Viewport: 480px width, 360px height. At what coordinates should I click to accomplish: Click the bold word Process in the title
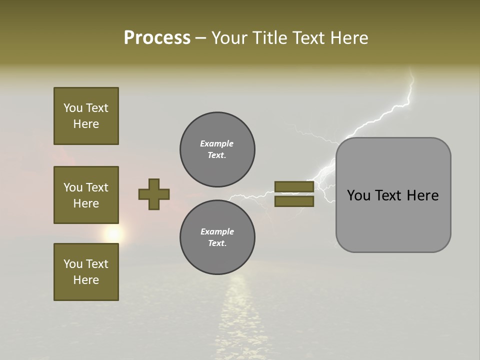(157, 38)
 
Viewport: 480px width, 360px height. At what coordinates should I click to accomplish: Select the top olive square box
(86, 116)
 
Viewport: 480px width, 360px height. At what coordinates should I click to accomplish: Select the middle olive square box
(86, 195)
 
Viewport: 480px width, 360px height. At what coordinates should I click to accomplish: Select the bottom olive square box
(86, 271)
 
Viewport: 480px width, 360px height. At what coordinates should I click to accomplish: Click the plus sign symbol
(154, 194)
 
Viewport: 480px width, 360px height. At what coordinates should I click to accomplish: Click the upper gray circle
(217, 149)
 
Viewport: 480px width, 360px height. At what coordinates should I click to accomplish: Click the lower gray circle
(217, 237)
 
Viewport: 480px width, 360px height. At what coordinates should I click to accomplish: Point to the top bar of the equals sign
(294, 186)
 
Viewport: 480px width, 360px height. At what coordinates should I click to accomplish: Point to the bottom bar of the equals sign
(294, 201)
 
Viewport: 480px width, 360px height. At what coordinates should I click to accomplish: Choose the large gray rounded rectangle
(393, 220)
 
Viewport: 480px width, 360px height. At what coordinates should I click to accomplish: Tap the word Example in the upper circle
(216, 143)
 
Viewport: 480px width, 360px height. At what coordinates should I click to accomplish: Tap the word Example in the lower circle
(217, 231)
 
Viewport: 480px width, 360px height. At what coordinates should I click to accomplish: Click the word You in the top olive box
(73, 108)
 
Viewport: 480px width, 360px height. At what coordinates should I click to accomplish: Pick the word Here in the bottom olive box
(86, 280)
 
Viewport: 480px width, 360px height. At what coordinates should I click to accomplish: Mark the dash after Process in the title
(201, 38)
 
